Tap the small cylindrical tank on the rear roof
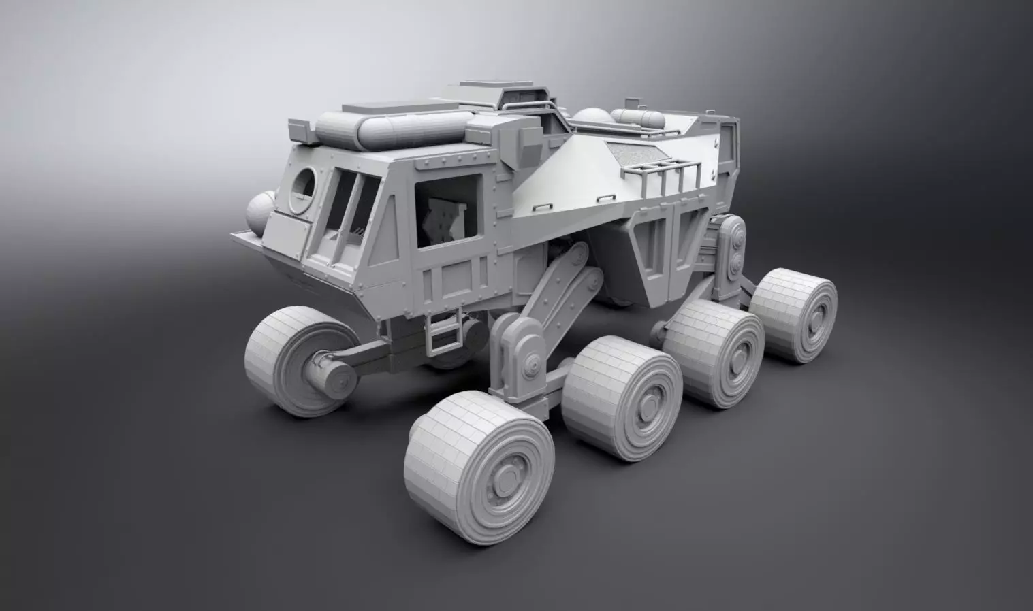(638, 118)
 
